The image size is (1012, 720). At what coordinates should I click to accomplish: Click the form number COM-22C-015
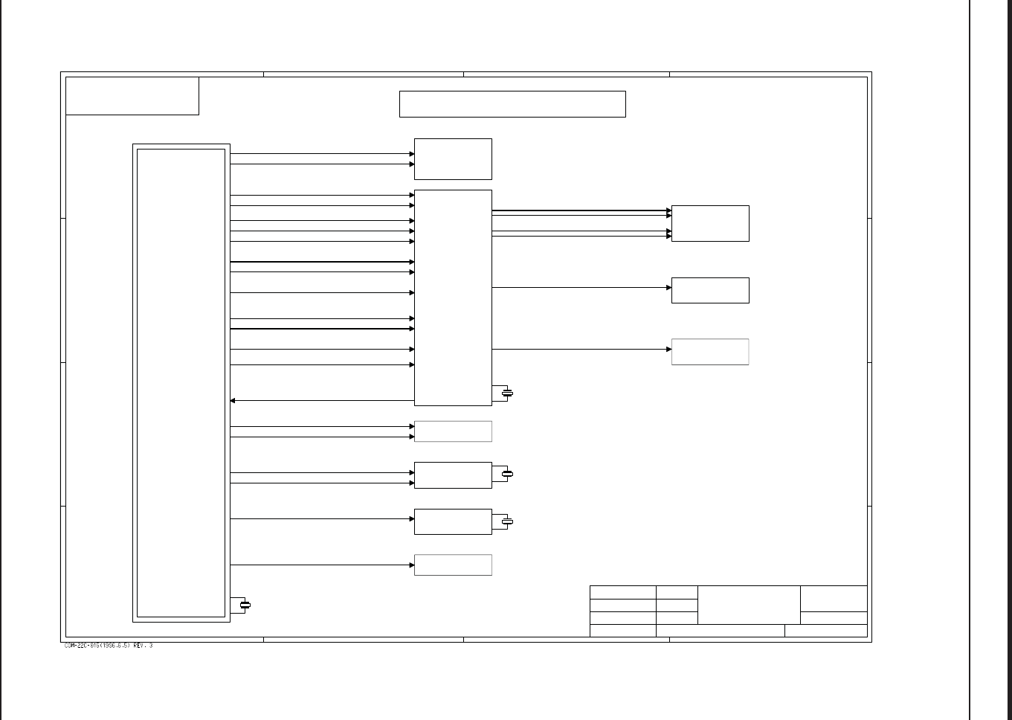pos(83,646)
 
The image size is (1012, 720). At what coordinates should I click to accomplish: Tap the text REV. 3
pos(143,646)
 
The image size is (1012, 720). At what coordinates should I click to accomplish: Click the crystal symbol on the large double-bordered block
pos(245,605)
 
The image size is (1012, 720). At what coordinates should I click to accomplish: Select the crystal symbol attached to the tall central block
pos(508,393)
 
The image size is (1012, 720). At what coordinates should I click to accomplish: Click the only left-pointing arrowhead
pos(233,401)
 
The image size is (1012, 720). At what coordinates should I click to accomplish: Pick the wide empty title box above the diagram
pos(512,104)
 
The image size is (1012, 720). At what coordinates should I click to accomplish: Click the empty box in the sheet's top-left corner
pos(132,96)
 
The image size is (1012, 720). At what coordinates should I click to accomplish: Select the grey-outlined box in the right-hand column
pos(710,352)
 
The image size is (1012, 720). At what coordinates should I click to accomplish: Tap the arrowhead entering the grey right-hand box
pos(668,349)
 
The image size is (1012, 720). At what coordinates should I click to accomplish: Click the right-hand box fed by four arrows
pos(710,223)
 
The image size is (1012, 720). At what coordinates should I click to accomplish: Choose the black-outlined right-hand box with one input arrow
pos(710,290)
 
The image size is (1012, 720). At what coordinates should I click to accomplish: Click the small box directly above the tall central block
pos(453,159)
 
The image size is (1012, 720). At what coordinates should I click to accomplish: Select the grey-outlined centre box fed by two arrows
pos(453,431)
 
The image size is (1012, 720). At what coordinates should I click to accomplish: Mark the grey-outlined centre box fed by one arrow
pos(453,565)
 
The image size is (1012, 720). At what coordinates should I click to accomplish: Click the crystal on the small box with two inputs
pos(508,474)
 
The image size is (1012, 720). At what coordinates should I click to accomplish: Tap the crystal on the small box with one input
pos(508,522)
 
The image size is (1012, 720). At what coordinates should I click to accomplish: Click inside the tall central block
pos(453,298)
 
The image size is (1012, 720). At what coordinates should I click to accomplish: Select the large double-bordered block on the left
pos(181,383)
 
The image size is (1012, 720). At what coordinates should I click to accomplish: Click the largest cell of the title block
pos(749,605)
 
